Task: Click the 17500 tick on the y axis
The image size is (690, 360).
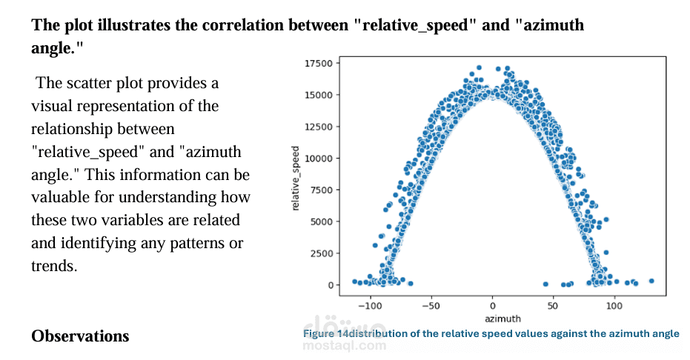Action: click(x=319, y=63)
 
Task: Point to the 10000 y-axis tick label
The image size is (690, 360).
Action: click(x=319, y=159)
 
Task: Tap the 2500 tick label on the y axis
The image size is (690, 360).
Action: click(x=322, y=253)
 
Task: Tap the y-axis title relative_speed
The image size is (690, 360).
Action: click(x=295, y=179)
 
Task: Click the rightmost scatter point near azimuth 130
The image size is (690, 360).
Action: click(x=651, y=281)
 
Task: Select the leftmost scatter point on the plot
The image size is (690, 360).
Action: click(x=354, y=281)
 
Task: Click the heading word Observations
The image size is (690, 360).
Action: click(x=80, y=336)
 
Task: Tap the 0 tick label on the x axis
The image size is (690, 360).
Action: click(x=493, y=304)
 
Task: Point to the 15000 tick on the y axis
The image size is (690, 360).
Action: click(x=319, y=95)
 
